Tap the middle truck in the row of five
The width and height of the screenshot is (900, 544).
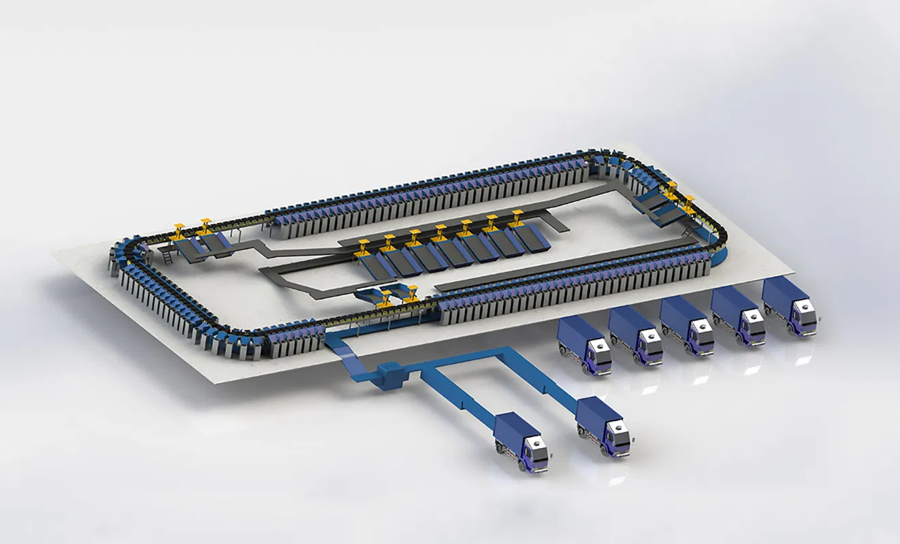tap(686, 325)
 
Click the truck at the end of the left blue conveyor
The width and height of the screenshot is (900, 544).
tap(521, 441)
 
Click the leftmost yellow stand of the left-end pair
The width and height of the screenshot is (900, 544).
tap(180, 230)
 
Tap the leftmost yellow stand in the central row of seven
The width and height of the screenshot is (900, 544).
tap(363, 245)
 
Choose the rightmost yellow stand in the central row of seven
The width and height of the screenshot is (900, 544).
tap(517, 218)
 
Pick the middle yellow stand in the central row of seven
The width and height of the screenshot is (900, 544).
tap(440, 232)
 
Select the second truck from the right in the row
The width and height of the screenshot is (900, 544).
tap(738, 316)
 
